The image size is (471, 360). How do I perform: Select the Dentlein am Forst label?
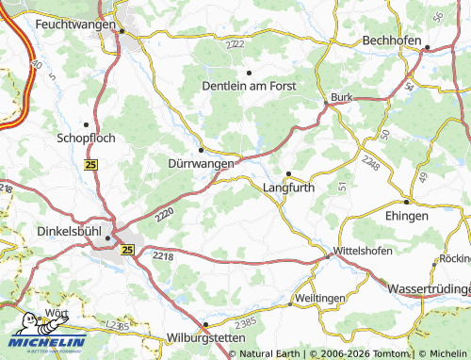(250, 86)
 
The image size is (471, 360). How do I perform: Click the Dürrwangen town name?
(200, 164)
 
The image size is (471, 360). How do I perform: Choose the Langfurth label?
(288, 187)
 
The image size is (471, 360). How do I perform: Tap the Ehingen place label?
(406, 216)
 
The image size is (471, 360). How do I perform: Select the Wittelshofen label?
(364, 253)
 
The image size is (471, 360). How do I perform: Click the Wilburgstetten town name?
(205, 336)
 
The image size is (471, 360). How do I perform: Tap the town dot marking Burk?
(326, 102)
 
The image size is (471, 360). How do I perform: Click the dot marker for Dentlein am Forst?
(249, 72)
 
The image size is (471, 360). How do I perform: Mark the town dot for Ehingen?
(406, 202)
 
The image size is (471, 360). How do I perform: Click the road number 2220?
(164, 215)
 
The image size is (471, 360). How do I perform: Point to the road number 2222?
(235, 44)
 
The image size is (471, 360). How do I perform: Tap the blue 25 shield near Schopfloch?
(91, 165)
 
